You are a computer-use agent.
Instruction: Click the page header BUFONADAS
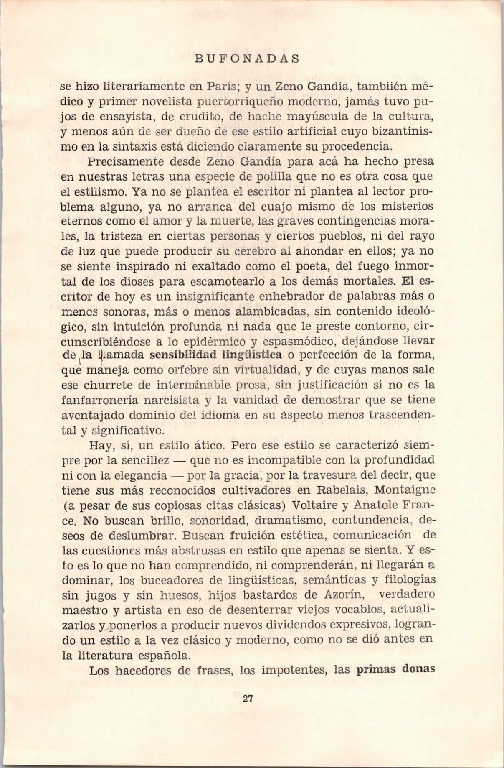[247, 59]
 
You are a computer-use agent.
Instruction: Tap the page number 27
[248, 699]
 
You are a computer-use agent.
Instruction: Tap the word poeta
[312, 266]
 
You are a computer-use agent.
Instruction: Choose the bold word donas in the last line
[418, 670]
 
